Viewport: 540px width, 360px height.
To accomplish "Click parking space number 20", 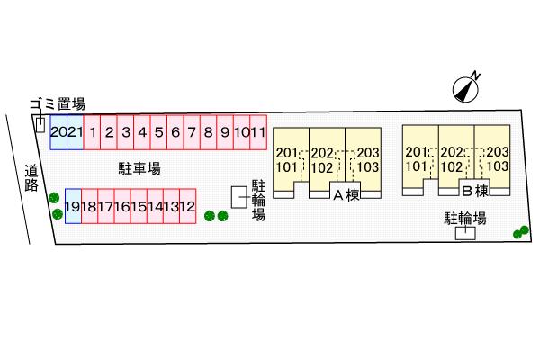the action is [58, 132].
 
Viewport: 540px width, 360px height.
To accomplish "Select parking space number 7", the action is [192, 132].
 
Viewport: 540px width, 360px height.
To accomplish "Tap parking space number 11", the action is [258, 132].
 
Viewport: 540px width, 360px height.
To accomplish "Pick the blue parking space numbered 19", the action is [73, 206].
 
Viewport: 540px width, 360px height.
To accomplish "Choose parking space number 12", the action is [188, 206].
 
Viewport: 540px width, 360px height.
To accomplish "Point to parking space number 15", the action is [139, 206].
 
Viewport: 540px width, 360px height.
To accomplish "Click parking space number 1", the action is [92, 132].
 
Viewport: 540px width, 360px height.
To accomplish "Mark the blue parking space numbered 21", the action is [75, 132].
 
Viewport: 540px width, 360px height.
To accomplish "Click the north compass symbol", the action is [466, 89].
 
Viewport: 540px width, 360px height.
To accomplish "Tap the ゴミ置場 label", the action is [58, 103].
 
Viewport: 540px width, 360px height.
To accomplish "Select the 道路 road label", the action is [31, 178].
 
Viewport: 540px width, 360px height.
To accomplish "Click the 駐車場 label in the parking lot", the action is [139, 169].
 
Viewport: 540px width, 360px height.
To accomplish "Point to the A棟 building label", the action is [346, 195].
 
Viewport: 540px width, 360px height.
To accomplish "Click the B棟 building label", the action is [475, 191].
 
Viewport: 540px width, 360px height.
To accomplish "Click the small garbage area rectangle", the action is [40, 125].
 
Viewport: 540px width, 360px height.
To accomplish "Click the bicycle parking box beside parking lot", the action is [239, 197].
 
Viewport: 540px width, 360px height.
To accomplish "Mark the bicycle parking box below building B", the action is [465, 233].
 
